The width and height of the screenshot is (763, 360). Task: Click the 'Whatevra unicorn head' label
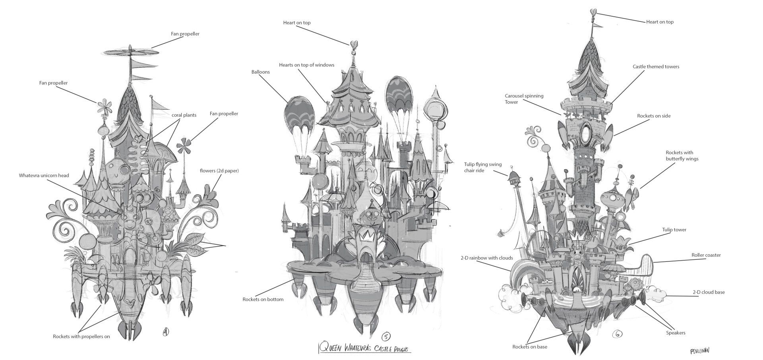(44, 175)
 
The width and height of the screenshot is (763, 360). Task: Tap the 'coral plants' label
(184, 115)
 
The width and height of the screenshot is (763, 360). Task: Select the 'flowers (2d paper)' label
(219, 171)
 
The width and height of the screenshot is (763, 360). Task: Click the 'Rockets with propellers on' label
(81, 337)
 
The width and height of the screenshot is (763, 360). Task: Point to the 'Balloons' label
(260, 72)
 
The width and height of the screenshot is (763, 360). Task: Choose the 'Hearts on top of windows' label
(306, 65)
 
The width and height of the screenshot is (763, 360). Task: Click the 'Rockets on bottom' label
(263, 299)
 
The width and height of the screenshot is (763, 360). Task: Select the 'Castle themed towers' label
(656, 66)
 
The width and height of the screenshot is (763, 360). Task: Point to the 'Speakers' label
(676, 333)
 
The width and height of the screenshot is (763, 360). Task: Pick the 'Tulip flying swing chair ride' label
(482, 167)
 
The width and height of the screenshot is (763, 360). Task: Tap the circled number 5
(385, 337)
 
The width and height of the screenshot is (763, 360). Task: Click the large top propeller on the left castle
(131, 52)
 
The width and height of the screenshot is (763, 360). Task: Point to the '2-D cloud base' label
(708, 292)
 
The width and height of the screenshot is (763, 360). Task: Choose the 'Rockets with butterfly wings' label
(682, 155)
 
